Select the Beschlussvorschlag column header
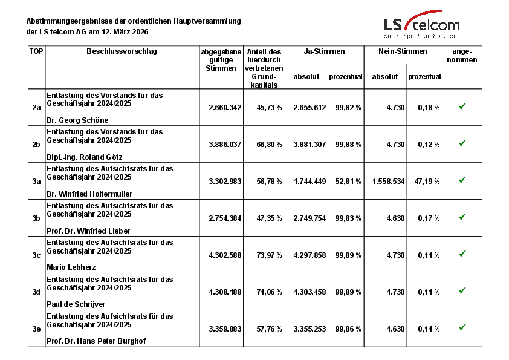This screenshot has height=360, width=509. [122, 51]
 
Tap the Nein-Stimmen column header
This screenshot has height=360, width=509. [403, 52]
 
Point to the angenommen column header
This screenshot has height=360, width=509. [462, 56]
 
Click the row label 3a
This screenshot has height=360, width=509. [36, 181]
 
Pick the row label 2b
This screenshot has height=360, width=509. [36, 144]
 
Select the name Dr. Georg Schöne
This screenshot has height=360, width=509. [77, 120]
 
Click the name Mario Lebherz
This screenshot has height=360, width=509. [71, 267]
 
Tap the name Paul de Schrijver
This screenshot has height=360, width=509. [76, 304]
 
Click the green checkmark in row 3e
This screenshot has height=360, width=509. [462, 327]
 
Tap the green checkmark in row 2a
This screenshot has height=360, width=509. [462, 106]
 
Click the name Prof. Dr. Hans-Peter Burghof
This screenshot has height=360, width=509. [96, 341]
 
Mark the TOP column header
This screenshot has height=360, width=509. [36, 51]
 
